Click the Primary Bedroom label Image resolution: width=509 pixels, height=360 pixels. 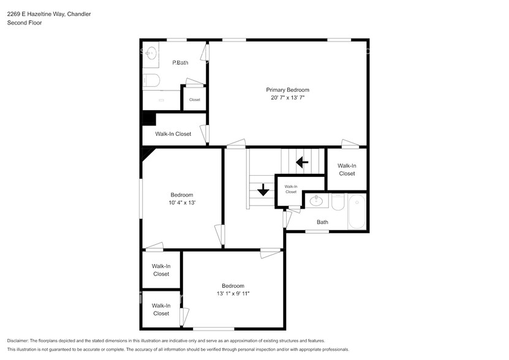click(x=287, y=90)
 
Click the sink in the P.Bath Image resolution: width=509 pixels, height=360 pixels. click(x=151, y=51)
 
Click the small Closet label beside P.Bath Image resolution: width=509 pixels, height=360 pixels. click(x=194, y=100)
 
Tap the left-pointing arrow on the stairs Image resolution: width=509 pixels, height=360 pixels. click(x=301, y=162)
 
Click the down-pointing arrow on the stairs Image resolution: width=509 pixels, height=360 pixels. click(x=263, y=190)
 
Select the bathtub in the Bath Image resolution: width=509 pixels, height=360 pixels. click(x=356, y=212)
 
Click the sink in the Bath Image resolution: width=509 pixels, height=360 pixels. click(x=317, y=200)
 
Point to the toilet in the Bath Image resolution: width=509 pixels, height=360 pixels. click(x=338, y=202)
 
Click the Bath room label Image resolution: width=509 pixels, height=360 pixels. click(x=322, y=222)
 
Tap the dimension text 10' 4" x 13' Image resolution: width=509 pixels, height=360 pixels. click(x=182, y=203)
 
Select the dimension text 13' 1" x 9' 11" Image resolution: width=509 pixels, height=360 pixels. click(x=233, y=294)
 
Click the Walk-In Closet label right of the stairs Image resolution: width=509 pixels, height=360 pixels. click(x=347, y=170)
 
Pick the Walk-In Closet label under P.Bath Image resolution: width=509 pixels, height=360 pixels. click(x=173, y=134)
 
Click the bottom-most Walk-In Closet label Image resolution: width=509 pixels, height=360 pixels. click(x=161, y=309)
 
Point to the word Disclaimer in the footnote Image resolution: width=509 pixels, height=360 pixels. click(x=19, y=340)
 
